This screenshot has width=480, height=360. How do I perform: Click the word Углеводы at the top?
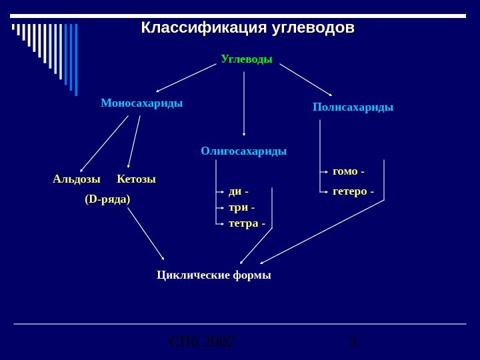tap(246, 59)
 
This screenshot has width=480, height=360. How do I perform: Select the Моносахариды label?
tap(141, 103)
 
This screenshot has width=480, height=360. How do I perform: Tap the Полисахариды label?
tap(353, 107)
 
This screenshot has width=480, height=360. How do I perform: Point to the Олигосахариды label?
tap(243, 151)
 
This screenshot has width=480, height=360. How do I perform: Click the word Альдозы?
tap(77, 179)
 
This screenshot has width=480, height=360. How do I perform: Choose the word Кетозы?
tap(136, 179)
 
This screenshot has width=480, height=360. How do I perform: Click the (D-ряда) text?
tap(107, 199)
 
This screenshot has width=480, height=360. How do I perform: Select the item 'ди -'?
tap(238, 192)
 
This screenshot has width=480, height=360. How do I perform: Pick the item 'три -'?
tap(241, 207)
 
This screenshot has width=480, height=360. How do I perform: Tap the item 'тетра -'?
tap(246, 223)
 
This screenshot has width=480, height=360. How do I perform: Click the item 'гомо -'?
tap(348, 171)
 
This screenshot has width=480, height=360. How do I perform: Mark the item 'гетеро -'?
tap(353, 192)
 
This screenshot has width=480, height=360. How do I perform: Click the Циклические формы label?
tap(213, 275)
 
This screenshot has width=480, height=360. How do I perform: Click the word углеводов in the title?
tap(313, 29)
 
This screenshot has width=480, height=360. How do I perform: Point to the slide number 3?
tap(353, 343)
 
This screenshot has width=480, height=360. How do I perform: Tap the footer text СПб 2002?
tap(201, 343)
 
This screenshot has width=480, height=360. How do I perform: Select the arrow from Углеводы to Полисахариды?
tap(305, 79)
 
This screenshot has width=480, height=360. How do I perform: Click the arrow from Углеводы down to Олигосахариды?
tap(244, 103)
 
